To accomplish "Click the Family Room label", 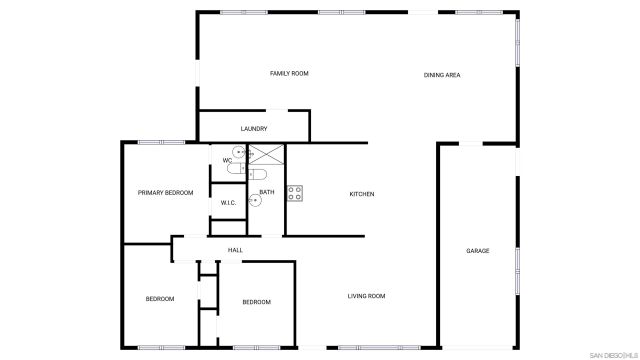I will (x=289, y=74).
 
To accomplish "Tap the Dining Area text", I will (x=441, y=74).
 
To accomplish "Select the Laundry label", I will (x=253, y=129).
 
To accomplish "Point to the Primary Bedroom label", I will (x=165, y=193).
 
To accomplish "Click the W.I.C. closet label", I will (x=228, y=203).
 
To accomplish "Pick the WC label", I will (x=227, y=160).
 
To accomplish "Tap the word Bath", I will (x=267, y=192).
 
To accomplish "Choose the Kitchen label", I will (x=361, y=193).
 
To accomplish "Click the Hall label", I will (x=235, y=249).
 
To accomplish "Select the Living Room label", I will (x=366, y=296).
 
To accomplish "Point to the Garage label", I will (x=477, y=250).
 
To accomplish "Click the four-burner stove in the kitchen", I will (x=295, y=193).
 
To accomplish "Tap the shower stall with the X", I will (x=266, y=154).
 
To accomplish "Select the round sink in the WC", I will (x=239, y=153).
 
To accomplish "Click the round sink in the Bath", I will (x=255, y=200).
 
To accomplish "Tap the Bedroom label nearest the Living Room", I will (x=256, y=302).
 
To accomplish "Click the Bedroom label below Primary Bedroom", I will (x=160, y=299).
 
